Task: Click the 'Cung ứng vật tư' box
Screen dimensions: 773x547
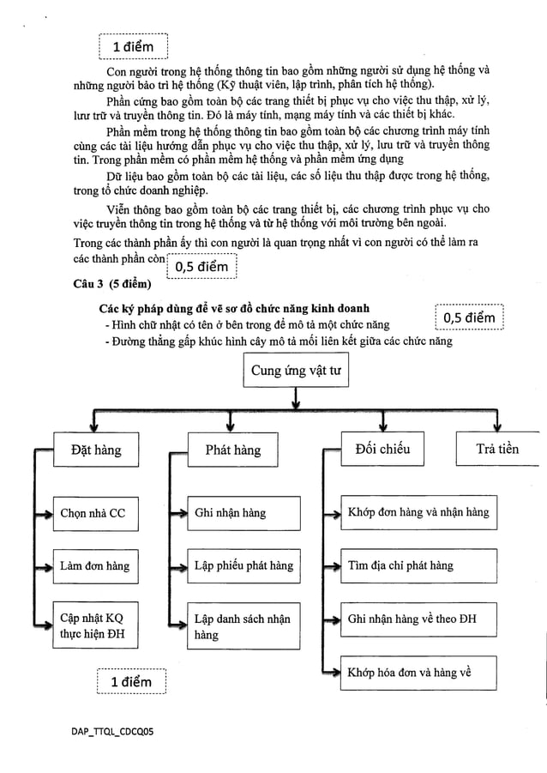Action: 295,371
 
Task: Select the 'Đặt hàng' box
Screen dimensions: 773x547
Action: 96,450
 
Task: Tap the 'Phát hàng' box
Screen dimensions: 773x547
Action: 232,450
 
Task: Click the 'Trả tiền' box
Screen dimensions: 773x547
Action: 498,450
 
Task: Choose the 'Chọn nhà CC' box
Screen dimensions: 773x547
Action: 93,513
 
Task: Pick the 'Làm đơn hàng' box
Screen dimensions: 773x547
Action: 95,565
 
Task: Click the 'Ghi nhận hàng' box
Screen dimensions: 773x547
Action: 244,513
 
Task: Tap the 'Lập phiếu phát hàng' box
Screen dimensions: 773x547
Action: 244,565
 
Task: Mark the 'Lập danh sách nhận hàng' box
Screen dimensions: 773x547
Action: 244,626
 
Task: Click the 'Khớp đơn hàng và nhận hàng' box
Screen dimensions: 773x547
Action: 418,513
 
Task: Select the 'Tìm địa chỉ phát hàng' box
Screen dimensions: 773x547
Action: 418,565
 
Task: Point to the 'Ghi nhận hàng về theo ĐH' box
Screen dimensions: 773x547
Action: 418,619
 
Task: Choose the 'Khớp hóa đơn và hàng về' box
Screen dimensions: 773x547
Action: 418,672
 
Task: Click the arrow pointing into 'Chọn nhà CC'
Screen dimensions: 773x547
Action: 44,513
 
